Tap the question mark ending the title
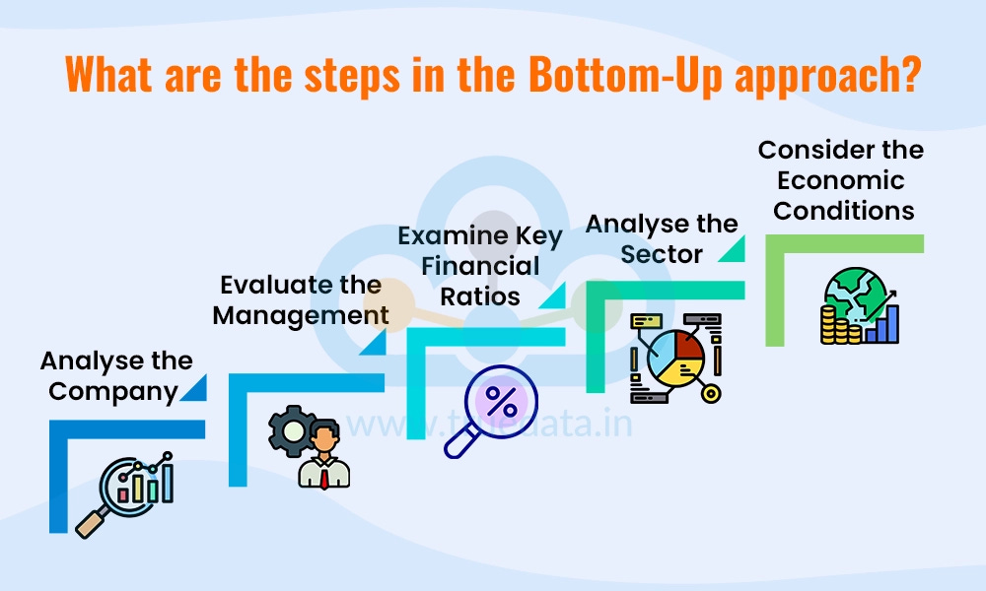(910, 76)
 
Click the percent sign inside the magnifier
(502, 401)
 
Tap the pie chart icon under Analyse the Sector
(675, 357)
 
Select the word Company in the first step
(112, 391)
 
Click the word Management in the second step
(301, 315)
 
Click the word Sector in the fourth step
(663, 254)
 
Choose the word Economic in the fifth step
(840, 180)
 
